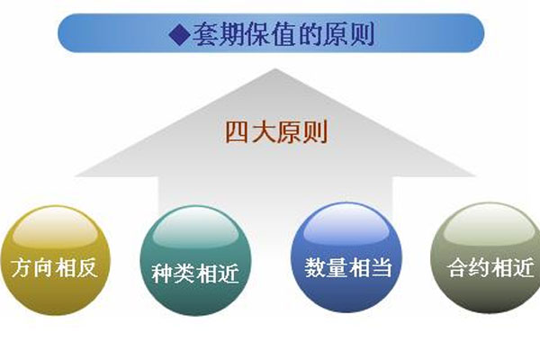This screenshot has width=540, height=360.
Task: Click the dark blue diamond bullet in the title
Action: pos(180,34)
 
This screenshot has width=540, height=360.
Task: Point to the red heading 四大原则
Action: pos(276,132)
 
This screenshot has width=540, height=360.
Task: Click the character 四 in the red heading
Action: pos(237,132)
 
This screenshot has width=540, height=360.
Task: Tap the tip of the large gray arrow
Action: pos(275,69)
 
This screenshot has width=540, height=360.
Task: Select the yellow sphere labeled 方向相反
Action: pos(55,260)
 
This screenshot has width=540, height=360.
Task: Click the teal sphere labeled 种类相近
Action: pos(195,261)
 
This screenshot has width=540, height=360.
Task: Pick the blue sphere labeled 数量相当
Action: pos(346,257)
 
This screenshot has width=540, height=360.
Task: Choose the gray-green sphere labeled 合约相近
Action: pos(486,258)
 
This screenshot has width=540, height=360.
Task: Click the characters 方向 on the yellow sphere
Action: pos(31,267)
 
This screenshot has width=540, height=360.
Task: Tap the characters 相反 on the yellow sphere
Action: pos(76,267)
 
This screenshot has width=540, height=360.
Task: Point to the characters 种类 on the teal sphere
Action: pos(173,274)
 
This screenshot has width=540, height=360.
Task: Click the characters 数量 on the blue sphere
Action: pos(326,267)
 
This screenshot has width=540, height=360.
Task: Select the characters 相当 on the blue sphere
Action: pos(370,267)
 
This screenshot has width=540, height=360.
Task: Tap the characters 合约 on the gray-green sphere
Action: pos(469,267)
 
